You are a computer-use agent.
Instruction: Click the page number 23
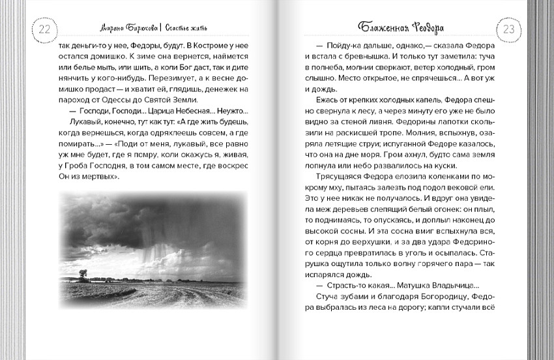509,29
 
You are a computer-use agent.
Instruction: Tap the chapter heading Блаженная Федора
407,27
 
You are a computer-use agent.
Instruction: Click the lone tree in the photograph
83,274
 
